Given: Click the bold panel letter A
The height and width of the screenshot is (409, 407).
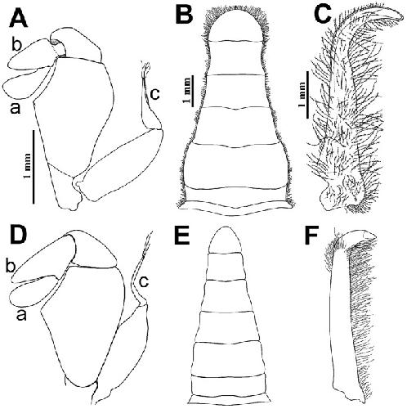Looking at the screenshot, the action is click(19, 18).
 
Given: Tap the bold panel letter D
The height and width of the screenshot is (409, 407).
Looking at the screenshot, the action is click(18, 236).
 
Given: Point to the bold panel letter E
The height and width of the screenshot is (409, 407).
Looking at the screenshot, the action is click(182, 236).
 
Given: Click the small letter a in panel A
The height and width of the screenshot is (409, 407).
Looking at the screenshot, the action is click(15, 108).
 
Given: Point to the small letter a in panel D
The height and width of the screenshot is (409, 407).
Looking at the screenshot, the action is click(21, 315).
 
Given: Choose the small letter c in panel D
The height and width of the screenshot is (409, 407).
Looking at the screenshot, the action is click(144, 281).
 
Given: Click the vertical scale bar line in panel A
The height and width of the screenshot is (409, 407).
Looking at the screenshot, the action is click(34, 167).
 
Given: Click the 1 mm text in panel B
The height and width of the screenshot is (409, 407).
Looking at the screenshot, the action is click(187, 91).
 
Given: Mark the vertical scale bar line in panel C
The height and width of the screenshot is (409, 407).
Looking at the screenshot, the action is click(307, 94).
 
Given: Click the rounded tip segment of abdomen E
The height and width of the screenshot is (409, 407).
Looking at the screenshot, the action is click(225, 240).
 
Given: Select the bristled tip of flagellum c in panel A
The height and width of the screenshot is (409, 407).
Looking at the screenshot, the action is click(145, 68).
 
